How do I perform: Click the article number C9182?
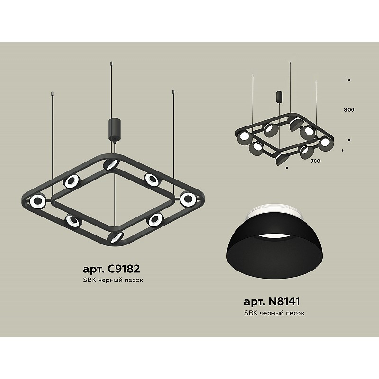(123, 269)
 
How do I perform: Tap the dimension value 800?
(349, 110)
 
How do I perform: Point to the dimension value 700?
(315, 161)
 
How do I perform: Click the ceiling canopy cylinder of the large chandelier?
(115, 129)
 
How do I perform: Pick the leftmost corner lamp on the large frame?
(38, 201)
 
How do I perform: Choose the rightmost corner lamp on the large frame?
(188, 199)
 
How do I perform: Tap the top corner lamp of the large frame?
(111, 164)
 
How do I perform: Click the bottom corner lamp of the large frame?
(116, 237)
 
